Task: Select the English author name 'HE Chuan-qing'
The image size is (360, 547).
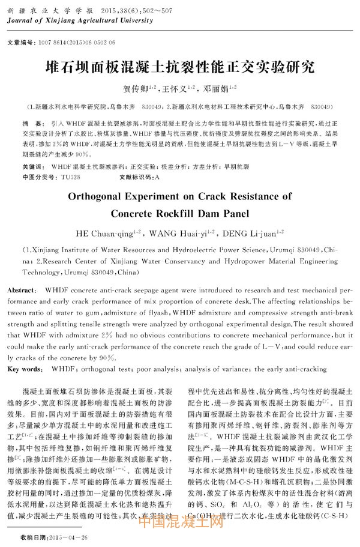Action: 104,232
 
